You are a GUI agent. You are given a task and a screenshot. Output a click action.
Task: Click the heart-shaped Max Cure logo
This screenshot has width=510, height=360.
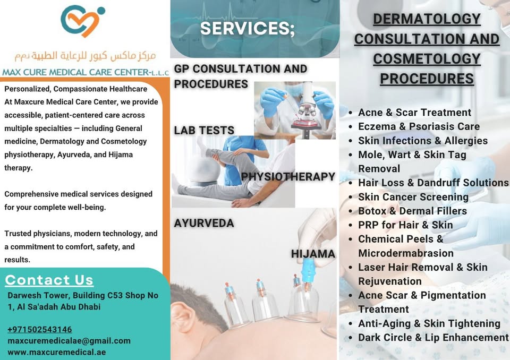tap(83, 21)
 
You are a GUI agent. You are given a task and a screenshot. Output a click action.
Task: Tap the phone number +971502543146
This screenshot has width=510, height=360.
tap(40, 329)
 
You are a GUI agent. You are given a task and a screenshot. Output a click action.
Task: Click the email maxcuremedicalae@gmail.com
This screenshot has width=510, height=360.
tap(69, 341)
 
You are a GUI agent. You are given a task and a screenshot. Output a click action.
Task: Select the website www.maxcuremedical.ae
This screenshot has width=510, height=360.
tap(57, 352)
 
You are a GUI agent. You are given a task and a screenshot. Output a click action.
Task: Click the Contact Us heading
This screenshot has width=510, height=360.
tap(49, 280)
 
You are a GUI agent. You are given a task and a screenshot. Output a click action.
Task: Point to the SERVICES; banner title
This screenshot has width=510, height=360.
tap(248, 28)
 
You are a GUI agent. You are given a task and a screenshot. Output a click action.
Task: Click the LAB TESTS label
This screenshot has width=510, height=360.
tap(204, 131)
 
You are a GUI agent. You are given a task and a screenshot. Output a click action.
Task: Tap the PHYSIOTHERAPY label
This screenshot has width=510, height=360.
tap(288, 177)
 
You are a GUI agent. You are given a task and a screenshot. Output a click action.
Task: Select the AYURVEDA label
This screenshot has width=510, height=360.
tap(204, 223)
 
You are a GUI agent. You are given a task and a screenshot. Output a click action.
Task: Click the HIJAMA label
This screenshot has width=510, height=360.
tap(313, 254)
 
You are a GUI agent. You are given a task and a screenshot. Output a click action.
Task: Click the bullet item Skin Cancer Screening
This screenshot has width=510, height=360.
tap(413, 197)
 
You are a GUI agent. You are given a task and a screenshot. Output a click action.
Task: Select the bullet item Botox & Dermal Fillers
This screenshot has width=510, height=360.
tap(412, 211)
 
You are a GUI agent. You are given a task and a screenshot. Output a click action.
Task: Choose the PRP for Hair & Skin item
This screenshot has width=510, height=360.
tap(405, 225)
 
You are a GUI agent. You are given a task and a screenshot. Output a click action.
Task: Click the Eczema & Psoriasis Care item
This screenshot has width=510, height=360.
tap(419, 126)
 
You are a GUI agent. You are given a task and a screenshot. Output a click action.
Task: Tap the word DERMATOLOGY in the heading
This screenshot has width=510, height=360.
tap(427, 19)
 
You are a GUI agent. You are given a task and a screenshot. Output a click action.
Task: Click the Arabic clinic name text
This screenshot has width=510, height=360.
tap(85, 56)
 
